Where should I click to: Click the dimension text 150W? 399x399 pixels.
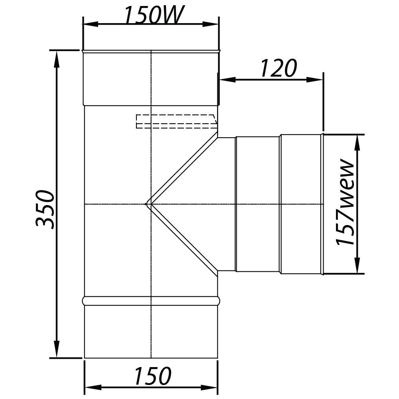click(x=153, y=15)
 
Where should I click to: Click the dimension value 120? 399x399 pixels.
click(x=279, y=68)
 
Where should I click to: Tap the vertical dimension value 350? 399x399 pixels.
click(x=45, y=209)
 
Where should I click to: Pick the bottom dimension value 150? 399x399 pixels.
click(x=153, y=376)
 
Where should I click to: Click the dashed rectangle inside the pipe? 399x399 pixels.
click(x=177, y=122)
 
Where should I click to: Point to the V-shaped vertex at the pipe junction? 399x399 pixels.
click(x=146, y=204)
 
